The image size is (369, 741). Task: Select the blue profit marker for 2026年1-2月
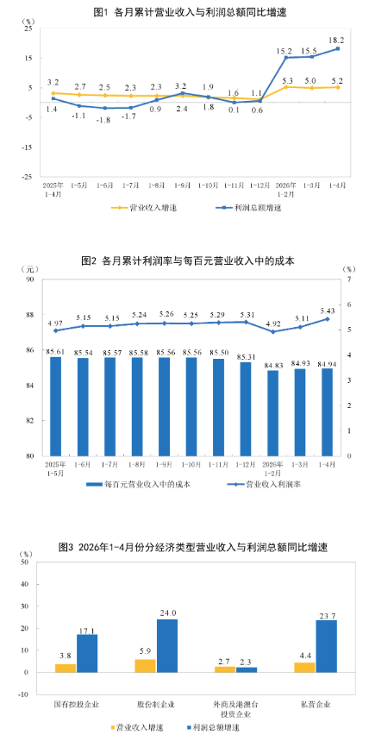pyautogui.click(x=286, y=58)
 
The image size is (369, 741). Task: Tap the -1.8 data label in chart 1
pyautogui.click(x=105, y=120)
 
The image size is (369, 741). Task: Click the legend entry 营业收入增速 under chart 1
pyautogui.click(x=144, y=208)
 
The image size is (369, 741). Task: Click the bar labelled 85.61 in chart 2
pyautogui.click(x=56, y=406)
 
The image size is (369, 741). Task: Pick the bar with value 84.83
pyautogui.click(x=273, y=413)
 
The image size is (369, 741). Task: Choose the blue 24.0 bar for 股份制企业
pyautogui.click(x=167, y=645)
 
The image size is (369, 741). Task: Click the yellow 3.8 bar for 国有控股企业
pyautogui.click(x=66, y=669)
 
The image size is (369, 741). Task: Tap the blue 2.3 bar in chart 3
pyautogui.click(x=247, y=669)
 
